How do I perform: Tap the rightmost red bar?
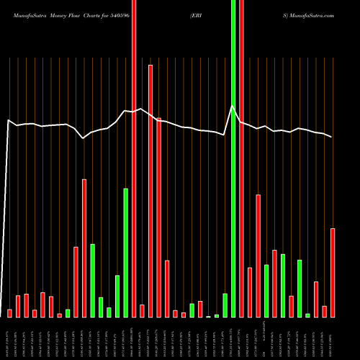tap(333, 272)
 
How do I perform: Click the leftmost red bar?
tap(10, 313)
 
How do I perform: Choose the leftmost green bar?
tap(68, 313)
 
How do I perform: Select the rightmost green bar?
tap(307, 315)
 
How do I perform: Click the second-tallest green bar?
tap(126, 252)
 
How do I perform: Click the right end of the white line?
tap(332, 137)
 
